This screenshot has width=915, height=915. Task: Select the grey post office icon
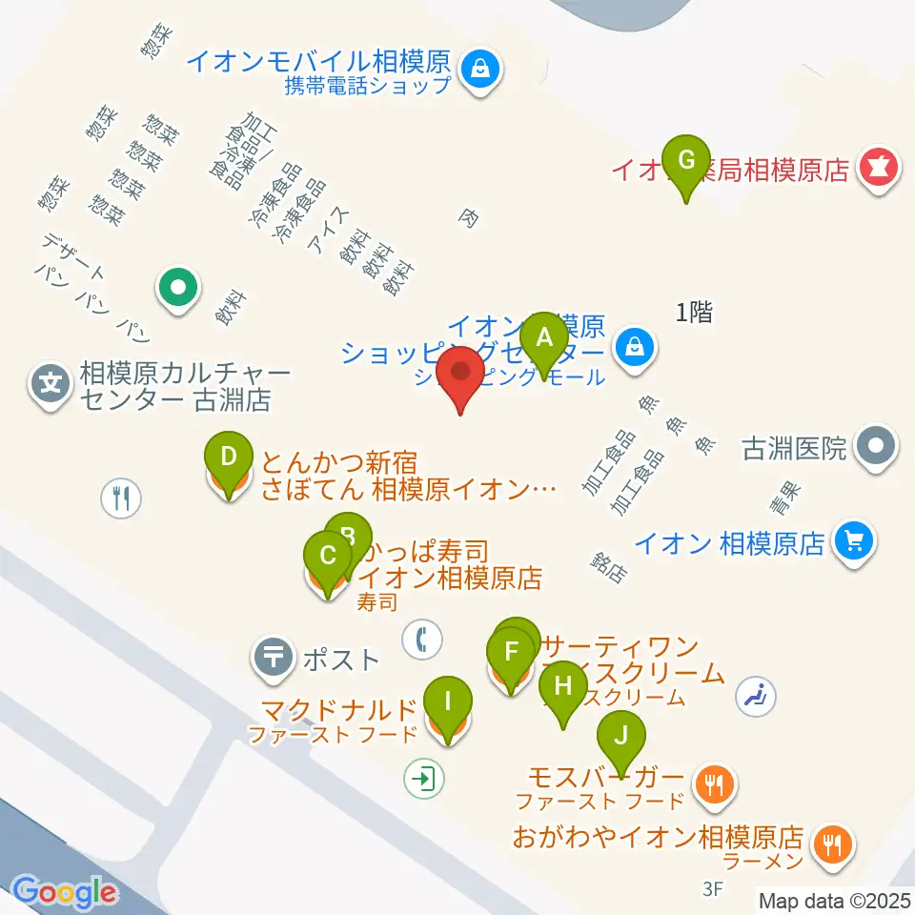pos(274,657)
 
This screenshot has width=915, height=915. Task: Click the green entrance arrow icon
pos(422,779)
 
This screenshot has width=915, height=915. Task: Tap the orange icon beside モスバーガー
pos(714,784)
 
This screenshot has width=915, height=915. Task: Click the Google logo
pos(64,892)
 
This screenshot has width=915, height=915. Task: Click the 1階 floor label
pos(694,312)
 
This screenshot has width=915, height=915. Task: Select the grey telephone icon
pos(420,639)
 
